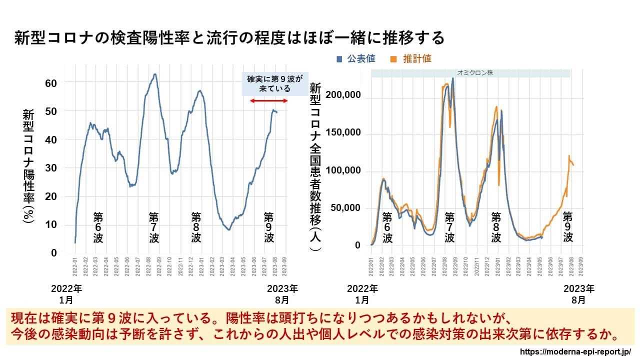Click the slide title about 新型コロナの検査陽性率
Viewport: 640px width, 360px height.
click(x=229, y=38)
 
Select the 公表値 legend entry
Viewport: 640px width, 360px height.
click(x=356, y=58)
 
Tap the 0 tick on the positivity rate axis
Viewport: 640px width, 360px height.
click(x=54, y=253)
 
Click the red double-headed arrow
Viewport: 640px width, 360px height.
click(x=268, y=101)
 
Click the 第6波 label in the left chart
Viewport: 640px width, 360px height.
click(x=98, y=227)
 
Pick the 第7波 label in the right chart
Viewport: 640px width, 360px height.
click(x=449, y=227)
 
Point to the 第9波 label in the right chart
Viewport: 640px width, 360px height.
click(x=567, y=227)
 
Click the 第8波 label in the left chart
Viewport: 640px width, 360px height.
click(x=196, y=227)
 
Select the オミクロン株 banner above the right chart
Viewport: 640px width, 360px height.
click(x=470, y=73)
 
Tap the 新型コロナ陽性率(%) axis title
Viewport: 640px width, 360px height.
click(x=28, y=167)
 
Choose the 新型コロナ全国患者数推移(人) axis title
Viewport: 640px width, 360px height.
click(x=315, y=167)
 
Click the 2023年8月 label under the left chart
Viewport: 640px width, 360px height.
click(x=282, y=294)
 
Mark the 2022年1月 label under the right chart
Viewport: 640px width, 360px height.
click(x=362, y=294)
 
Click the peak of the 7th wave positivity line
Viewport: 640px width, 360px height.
click(x=155, y=74)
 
